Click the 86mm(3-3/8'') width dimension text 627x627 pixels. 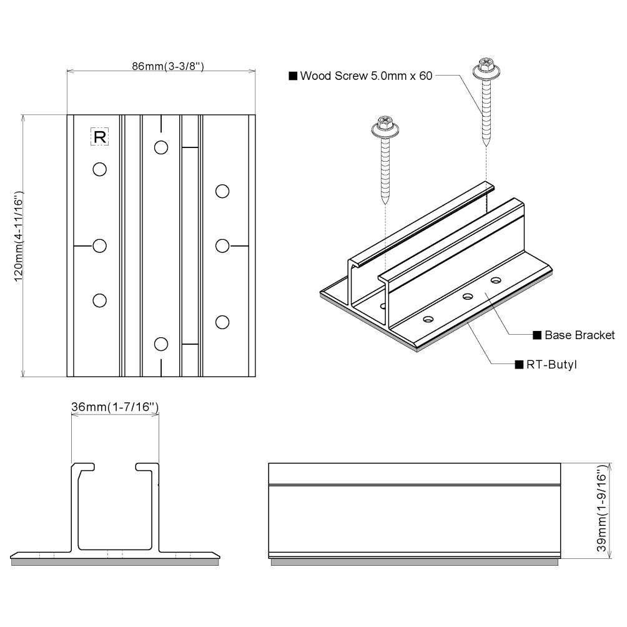(160, 66)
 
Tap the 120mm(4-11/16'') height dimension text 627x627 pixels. (18, 245)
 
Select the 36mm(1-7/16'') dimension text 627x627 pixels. (115, 407)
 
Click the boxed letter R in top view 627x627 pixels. (100, 137)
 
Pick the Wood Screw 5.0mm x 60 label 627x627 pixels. (360, 76)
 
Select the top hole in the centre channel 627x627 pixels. (161, 147)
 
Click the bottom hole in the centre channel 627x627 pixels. (161, 343)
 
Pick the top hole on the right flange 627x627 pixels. (222, 191)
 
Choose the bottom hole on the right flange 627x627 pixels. (222, 322)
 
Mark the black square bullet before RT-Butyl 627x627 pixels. (518, 364)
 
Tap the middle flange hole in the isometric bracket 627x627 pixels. (466, 297)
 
